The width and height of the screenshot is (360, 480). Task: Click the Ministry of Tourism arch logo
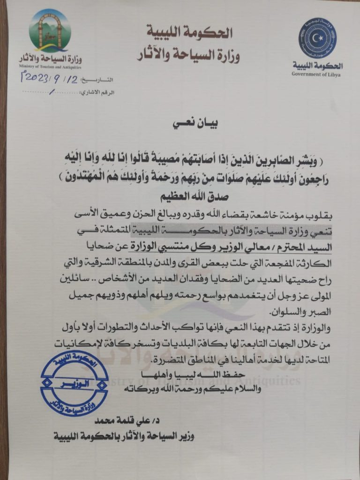[49, 31]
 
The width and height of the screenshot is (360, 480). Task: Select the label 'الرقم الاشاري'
[99, 92]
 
